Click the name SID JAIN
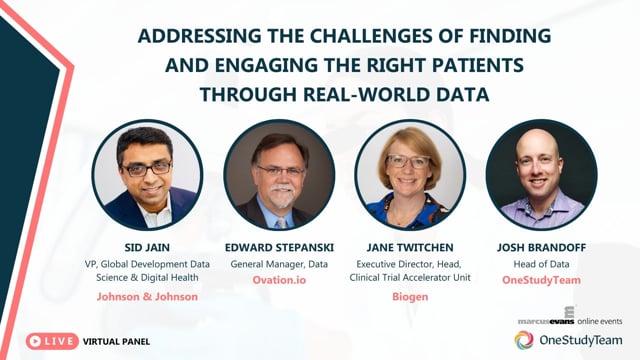coord(147,248)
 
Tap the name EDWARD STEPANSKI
coord(279,248)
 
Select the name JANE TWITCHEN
coord(410,248)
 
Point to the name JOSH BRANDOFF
coord(541,248)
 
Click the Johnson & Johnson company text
coord(147,297)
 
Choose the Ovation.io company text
coord(279,280)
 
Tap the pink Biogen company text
coord(410,297)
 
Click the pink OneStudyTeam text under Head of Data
coord(541,280)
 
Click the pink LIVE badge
coord(52,341)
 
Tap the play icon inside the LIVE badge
coord(35,341)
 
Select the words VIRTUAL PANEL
coord(116,342)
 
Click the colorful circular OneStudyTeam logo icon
coord(524,340)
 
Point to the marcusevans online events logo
coord(570,316)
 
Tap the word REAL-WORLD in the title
coord(367,95)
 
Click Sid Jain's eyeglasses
coord(147,168)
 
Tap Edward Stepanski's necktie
coord(281,223)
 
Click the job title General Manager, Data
coord(279,264)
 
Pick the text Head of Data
coord(541,264)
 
